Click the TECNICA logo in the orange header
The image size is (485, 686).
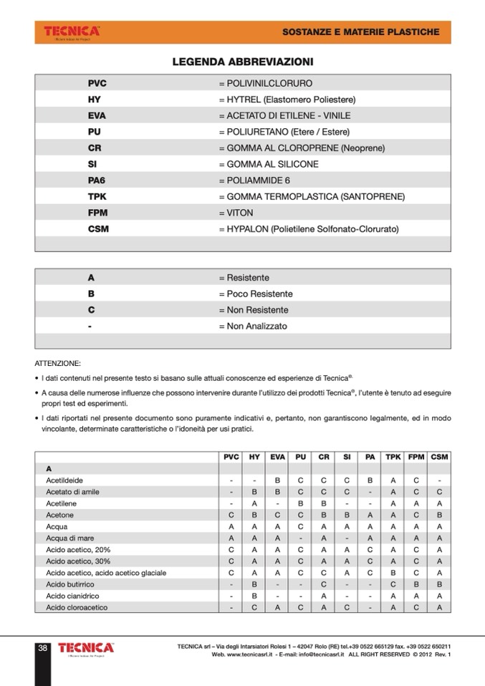[x=72, y=32]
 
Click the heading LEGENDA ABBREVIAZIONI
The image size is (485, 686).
[x=242, y=62]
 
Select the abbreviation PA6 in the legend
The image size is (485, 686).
[x=97, y=180]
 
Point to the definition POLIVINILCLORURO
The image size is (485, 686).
[x=266, y=83]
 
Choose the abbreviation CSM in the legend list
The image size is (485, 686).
[x=98, y=229]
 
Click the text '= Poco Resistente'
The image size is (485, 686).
[x=256, y=294]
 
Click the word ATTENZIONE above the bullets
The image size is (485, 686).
[x=58, y=363]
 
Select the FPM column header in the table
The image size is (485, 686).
[x=416, y=456]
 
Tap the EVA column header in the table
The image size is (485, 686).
[x=277, y=456]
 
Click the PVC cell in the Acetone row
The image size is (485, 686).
[x=231, y=515]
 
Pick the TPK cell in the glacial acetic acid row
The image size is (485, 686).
[x=393, y=573]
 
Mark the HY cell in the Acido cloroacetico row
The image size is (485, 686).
[x=254, y=607]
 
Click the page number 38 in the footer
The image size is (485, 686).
[x=42, y=648]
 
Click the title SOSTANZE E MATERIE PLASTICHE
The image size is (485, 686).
[x=360, y=32]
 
